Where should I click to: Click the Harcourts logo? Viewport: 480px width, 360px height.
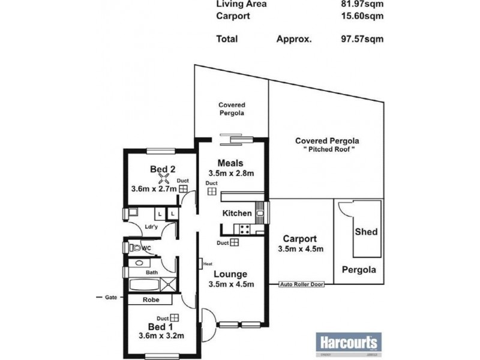pyautogui.click(x=347, y=343)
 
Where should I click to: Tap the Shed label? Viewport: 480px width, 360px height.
pyautogui.click(x=366, y=231)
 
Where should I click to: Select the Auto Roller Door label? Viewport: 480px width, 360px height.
pyautogui.click(x=302, y=284)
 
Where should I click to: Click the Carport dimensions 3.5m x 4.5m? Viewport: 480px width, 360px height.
pyautogui.click(x=301, y=250)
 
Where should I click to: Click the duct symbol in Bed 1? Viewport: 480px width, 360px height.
pyautogui.click(x=174, y=317)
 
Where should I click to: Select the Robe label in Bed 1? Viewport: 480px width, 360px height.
pyautogui.click(x=151, y=300)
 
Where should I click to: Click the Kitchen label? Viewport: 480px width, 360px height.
pyautogui.click(x=237, y=213)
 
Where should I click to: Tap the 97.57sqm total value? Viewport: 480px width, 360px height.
pyautogui.click(x=358, y=39)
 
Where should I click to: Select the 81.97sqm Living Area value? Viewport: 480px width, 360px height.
pyautogui.click(x=358, y=4)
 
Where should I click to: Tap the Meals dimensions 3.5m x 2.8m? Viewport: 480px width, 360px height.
pyautogui.click(x=231, y=173)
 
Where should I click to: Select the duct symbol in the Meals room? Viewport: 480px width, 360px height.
pyautogui.click(x=212, y=191)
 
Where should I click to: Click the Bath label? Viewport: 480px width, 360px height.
pyautogui.click(x=152, y=272)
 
